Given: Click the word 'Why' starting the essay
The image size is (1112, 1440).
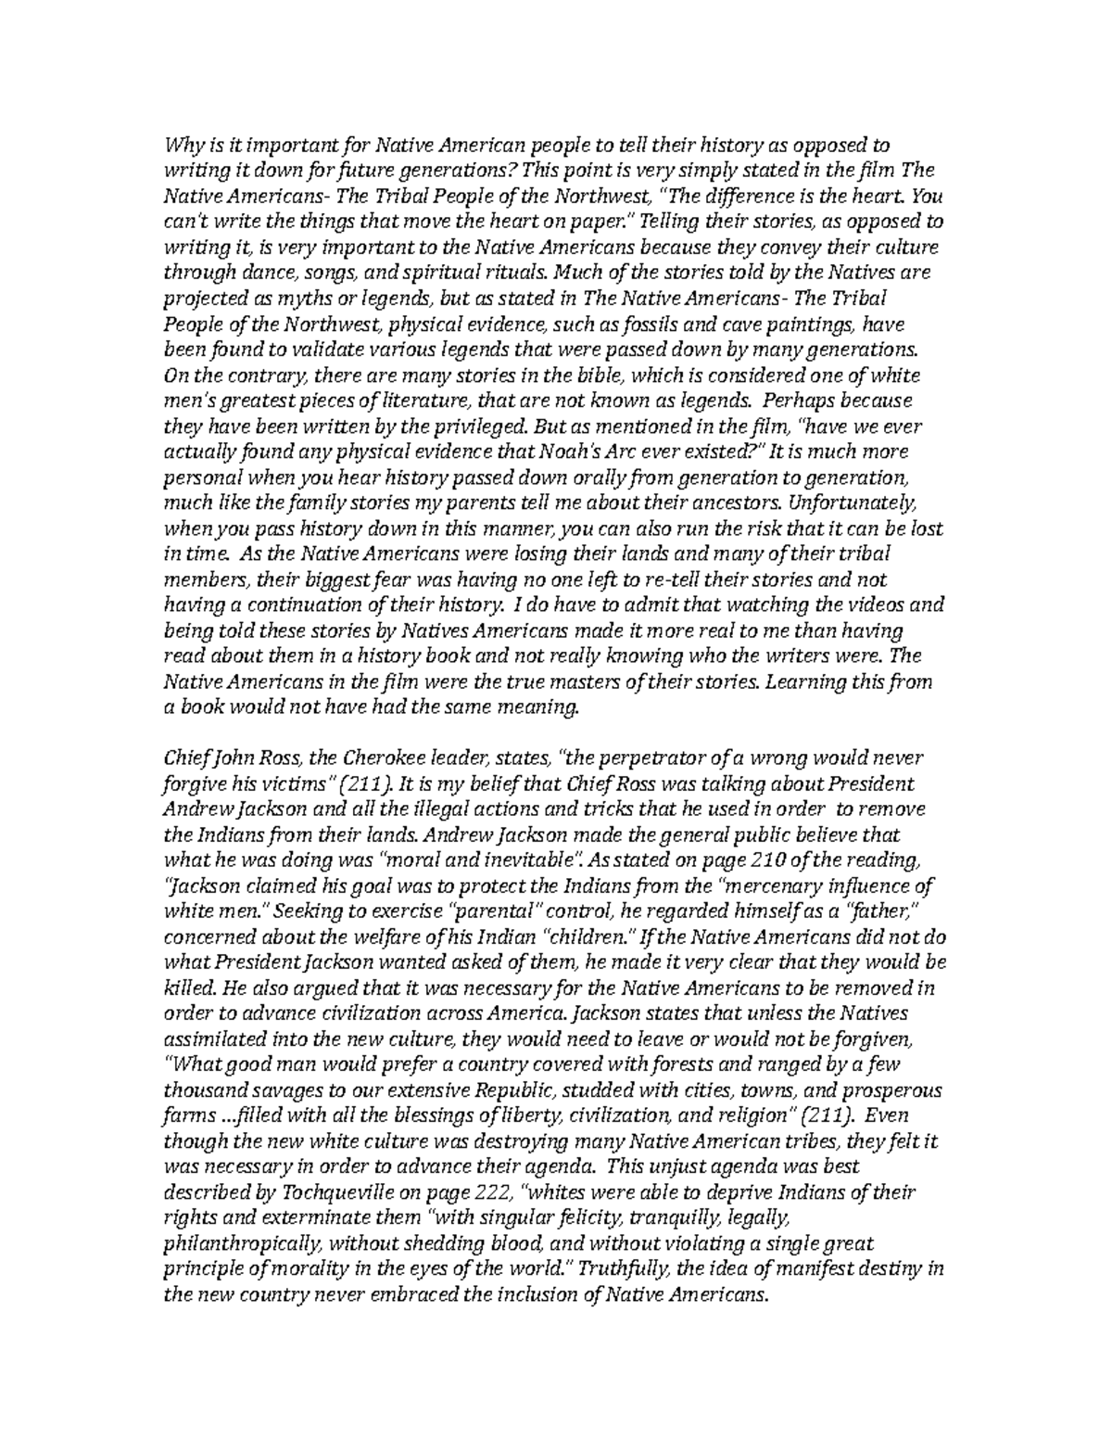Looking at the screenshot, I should point(180,145).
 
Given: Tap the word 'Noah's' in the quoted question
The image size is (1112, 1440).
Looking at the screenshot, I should point(593,452).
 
